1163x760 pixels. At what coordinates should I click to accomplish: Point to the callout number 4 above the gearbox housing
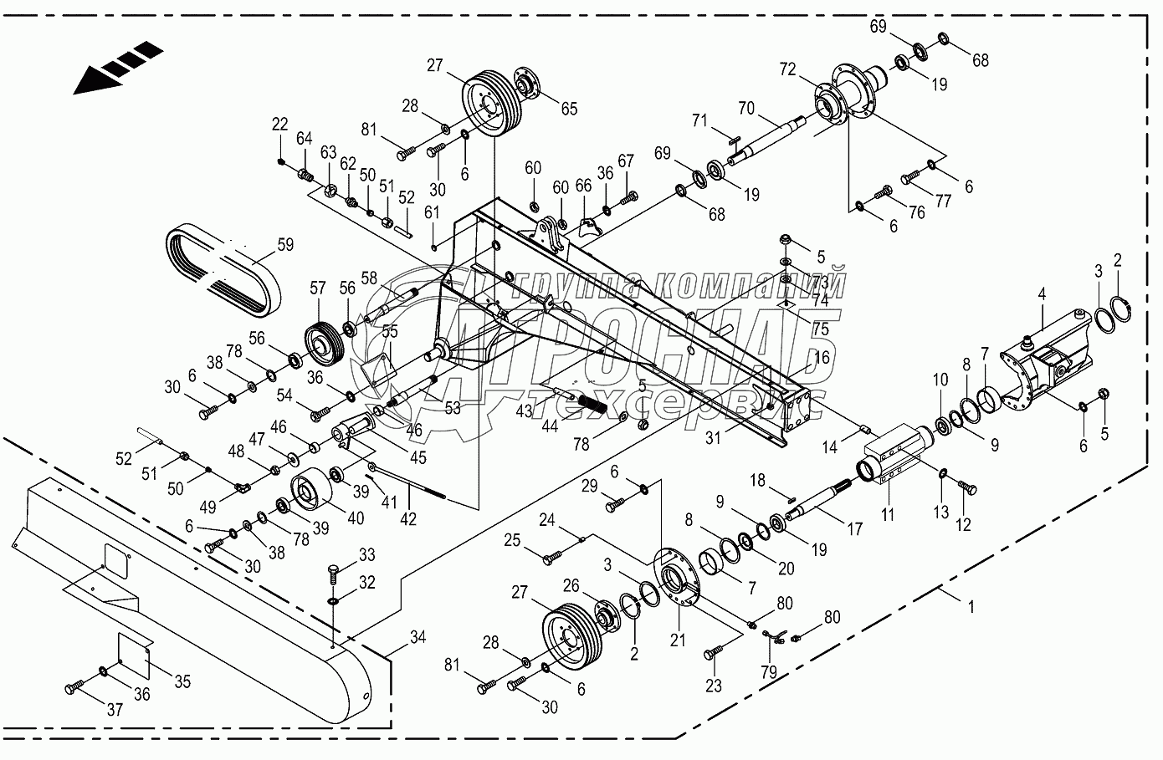1042,294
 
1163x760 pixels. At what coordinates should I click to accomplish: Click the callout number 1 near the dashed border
971,608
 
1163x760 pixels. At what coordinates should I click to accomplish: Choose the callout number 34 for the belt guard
418,638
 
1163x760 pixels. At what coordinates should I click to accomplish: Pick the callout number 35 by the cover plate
182,681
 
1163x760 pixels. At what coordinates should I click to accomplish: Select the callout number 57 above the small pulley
317,288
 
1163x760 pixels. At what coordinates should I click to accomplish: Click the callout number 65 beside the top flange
569,108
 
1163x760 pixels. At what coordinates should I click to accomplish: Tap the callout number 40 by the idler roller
355,518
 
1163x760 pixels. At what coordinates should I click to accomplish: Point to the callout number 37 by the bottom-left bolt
115,710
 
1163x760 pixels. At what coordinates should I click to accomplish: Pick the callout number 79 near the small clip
767,671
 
